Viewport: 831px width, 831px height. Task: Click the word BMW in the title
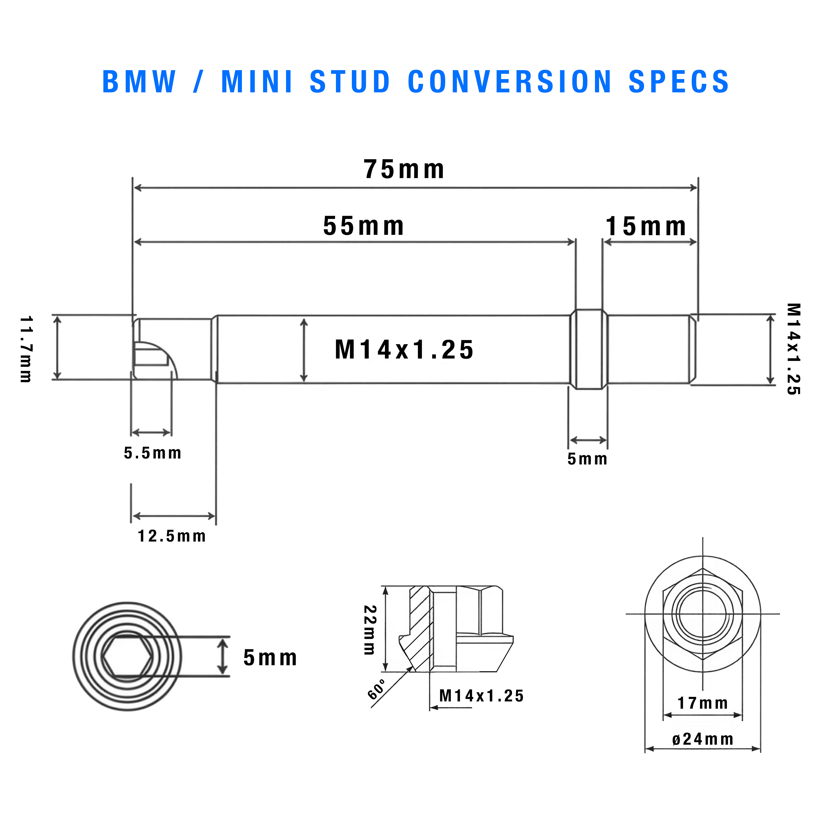139,82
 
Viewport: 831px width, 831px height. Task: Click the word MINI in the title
257,82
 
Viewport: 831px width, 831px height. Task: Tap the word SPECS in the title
679,82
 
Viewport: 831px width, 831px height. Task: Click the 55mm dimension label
363,226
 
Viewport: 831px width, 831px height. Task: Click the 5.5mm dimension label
153,453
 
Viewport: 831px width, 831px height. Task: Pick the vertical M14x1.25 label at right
794,349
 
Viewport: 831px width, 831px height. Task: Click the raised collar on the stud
589,349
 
